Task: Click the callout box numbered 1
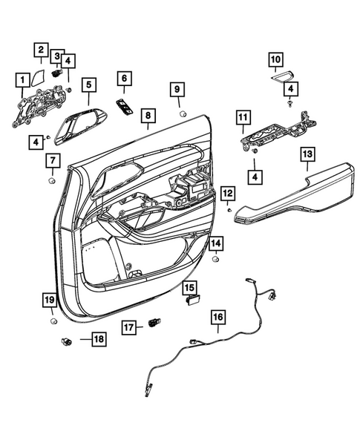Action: point(22,79)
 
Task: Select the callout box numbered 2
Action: point(41,50)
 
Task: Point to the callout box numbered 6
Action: point(124,79)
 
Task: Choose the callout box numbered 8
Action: point(148,116)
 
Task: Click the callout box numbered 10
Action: point(275,58)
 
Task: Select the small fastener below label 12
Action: point(229,211)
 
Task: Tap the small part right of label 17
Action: point(155,323)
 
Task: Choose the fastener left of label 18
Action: point(65,341)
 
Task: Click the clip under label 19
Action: point(53,321)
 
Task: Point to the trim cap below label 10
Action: point(282,75)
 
